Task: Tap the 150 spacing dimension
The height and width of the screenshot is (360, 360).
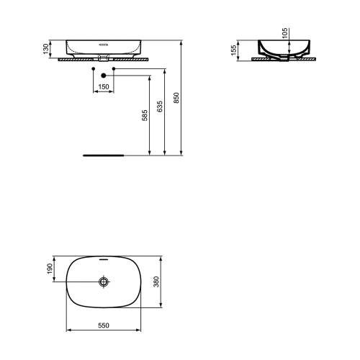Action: (104, 86)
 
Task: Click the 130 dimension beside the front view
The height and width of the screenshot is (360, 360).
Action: (45, 48)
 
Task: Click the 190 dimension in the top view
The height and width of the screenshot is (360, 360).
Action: (49, 268)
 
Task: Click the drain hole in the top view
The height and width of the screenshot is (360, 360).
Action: (104, 282)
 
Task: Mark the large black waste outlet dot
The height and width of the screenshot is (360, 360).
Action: (104, 74)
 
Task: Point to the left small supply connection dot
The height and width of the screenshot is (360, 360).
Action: (94, 70)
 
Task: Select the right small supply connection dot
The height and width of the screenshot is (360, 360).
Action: (113, 70)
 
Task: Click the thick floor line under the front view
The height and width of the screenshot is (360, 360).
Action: (104, 155)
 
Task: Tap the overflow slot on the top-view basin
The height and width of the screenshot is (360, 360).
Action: (104, 258)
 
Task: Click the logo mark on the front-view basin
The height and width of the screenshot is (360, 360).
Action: (104, 44)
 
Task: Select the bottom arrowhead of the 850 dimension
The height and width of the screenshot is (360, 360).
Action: (181, 152)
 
